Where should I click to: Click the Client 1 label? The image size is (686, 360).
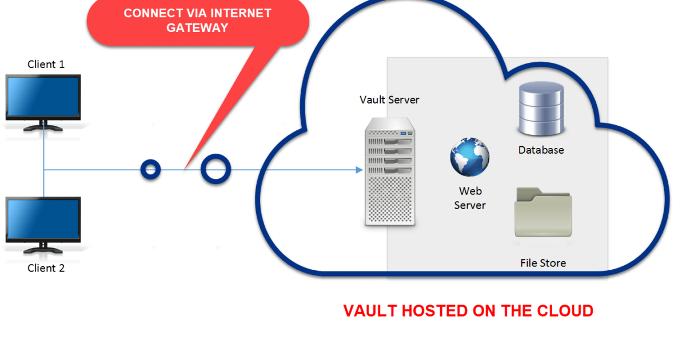46,64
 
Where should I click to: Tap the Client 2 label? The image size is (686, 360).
46,268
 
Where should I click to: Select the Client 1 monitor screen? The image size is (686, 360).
43,97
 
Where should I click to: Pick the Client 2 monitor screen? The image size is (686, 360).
43,219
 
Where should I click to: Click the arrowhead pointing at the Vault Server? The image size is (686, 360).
360,170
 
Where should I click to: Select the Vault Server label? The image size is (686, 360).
389,100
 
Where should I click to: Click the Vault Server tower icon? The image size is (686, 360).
390,172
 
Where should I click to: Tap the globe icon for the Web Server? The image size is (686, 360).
470,157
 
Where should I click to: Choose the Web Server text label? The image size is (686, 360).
470,198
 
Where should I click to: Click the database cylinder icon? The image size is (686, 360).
541,109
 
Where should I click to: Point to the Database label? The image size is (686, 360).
541,150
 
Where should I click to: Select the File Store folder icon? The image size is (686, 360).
543,212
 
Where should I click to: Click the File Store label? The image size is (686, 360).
543,263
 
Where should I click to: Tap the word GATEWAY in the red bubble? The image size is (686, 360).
198,28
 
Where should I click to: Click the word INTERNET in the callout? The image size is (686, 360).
241,13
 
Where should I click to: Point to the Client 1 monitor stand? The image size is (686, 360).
43,126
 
